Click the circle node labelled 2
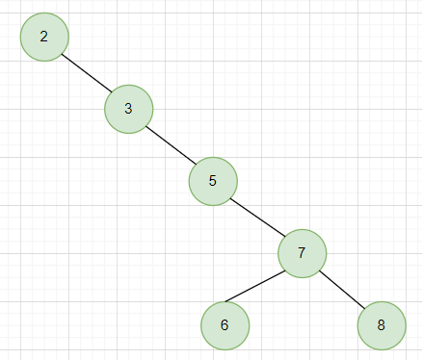[x=44, y=37]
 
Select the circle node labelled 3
[x=128, y=109]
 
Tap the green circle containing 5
[x=213, y=180]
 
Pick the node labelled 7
[x=302, y=253]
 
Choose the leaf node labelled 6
[x=224, y=324]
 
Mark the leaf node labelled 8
[x=381, y=324]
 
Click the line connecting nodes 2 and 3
[x=87, y=73]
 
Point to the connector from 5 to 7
[x=257, y=217]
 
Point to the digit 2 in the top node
[x=44, y=37]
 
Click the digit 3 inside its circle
[x=128, y=109]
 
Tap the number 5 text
[x=213, y=180]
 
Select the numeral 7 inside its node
[x=302, y=253]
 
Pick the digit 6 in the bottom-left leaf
[x=224, y=324]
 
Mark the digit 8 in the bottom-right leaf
[x=381, y=324]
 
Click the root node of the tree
[x=44, y=37]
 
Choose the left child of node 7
[x=224, y=324]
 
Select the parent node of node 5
[x=128, y=109]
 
